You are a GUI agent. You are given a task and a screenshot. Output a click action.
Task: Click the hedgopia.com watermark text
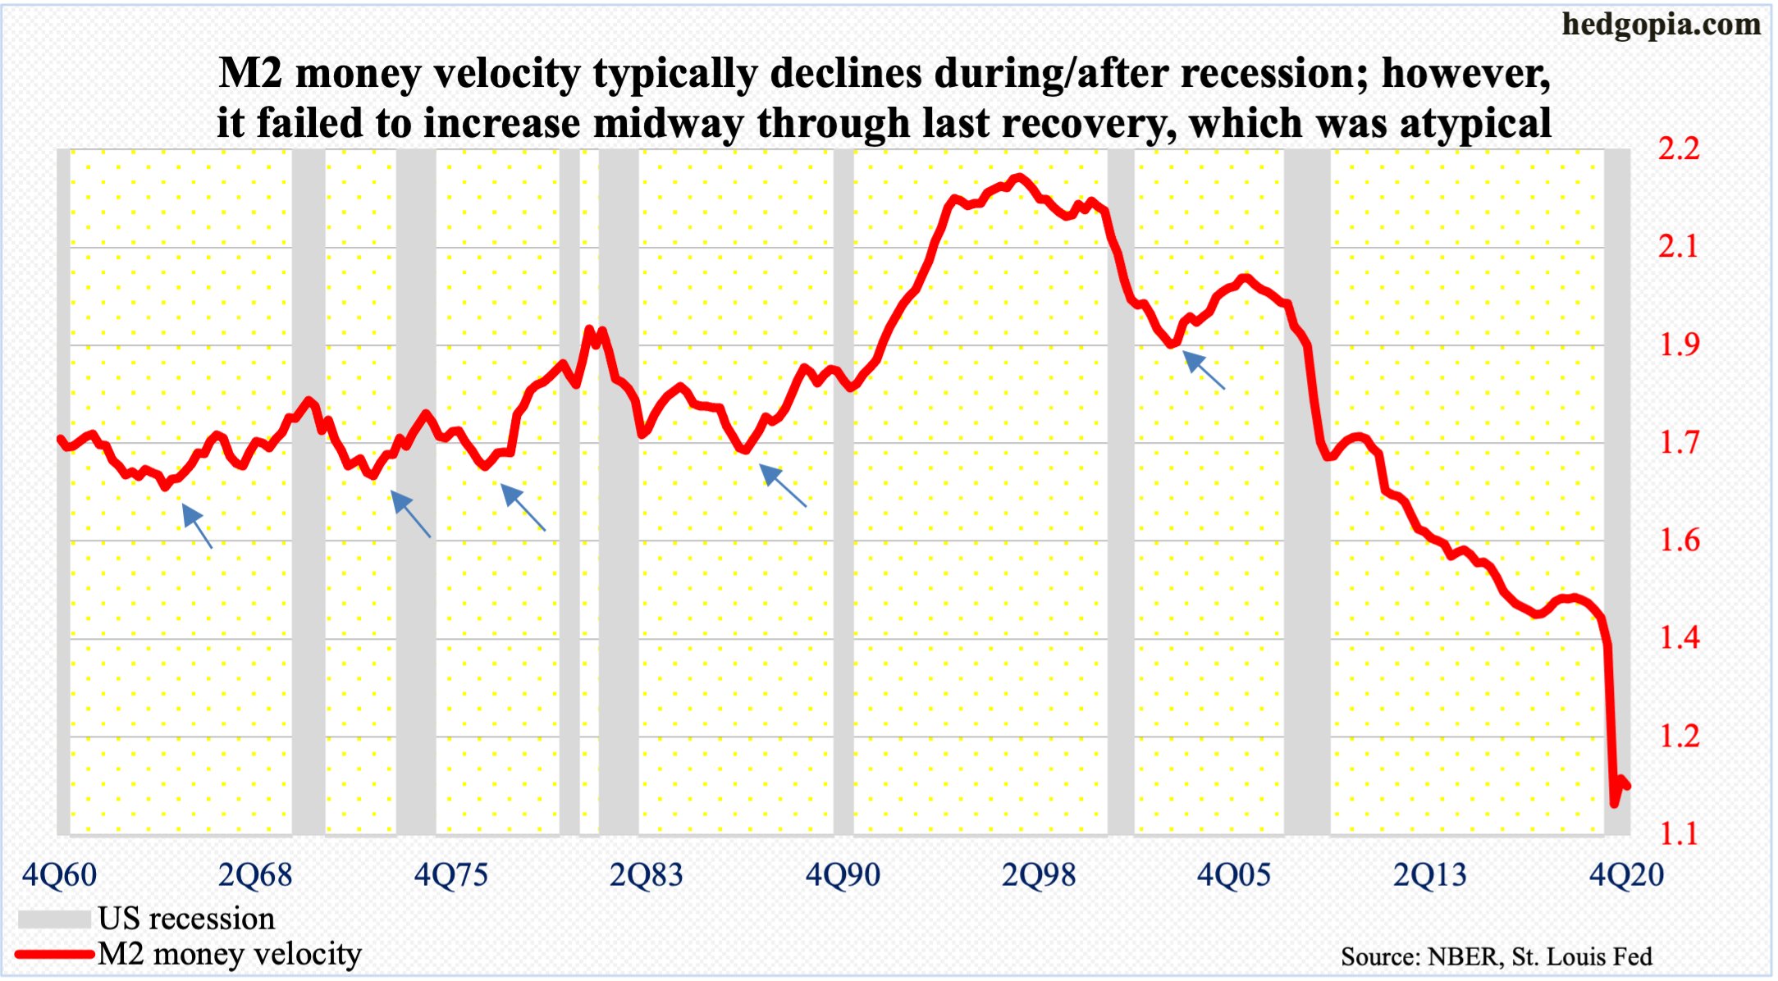point(1661,25)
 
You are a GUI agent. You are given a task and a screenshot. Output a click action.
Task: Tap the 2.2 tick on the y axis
point(1679,148)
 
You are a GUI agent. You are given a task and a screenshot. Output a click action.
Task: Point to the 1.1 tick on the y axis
point(1679,834)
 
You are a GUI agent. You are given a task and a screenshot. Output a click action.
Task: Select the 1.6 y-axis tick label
point(1679,541)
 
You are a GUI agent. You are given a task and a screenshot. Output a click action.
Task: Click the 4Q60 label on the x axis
point(59,875)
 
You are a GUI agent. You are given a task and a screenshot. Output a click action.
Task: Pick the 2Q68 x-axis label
point(255,875)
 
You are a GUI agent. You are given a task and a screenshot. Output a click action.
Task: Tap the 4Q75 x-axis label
point(450,875)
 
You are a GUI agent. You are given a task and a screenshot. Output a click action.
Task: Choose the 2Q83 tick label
point(647,875)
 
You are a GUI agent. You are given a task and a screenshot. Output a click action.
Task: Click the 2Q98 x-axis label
point(1038,875)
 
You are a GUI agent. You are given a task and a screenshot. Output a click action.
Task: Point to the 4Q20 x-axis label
point(1626,875)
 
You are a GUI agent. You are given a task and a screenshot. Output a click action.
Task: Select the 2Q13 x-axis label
point(1429,875)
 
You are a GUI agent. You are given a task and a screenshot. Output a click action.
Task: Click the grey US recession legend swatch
point(54,919)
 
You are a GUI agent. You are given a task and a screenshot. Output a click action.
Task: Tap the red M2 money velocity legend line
point(54,954)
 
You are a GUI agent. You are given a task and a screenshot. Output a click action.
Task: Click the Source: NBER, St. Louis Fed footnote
point(1497,957)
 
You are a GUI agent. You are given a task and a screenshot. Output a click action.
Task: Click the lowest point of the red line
point(1614,804)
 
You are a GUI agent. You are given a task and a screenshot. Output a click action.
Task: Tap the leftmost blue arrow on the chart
point(196,526)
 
